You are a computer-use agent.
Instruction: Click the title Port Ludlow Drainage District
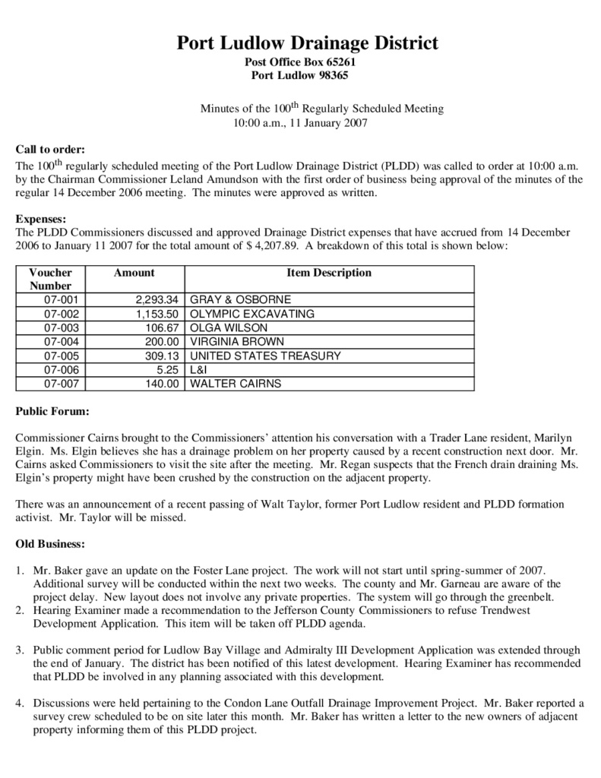308,43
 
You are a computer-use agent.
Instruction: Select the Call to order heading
50,149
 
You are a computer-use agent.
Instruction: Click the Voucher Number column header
51,279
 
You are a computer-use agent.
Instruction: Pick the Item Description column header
329,273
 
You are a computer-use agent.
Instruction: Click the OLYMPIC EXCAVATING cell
251,314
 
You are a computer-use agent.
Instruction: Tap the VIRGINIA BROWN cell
237,342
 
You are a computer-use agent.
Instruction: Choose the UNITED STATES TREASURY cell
265,356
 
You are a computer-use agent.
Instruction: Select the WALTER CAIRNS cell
235,384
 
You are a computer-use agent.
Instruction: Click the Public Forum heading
52,412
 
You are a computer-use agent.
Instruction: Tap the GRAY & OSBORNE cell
240,299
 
